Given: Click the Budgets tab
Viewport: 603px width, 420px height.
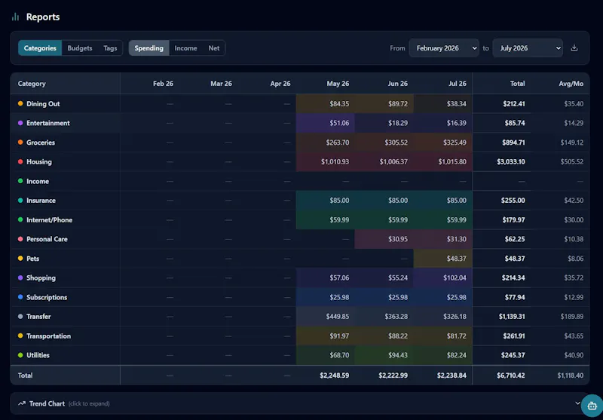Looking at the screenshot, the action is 80,48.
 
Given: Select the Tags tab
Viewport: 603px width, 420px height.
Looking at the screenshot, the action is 110,48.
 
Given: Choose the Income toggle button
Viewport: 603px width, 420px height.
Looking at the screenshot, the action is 185,48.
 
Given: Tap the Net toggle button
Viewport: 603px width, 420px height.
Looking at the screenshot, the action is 214,48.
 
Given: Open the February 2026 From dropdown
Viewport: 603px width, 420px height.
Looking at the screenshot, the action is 444,48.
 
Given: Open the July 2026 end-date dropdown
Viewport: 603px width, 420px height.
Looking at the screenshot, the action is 527,48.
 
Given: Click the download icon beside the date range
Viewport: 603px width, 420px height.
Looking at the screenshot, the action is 574,48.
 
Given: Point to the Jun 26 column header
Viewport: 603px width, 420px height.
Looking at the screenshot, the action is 398,84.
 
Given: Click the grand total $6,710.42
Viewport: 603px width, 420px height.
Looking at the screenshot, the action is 511,376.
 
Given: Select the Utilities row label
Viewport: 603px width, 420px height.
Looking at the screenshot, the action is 38,355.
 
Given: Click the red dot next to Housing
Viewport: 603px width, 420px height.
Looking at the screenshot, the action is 20,161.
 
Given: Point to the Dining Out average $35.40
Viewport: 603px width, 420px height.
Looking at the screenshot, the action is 574,104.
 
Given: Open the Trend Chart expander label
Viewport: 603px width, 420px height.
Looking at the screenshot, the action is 47,403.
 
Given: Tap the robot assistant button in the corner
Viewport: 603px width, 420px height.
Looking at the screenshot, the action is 592,406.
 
